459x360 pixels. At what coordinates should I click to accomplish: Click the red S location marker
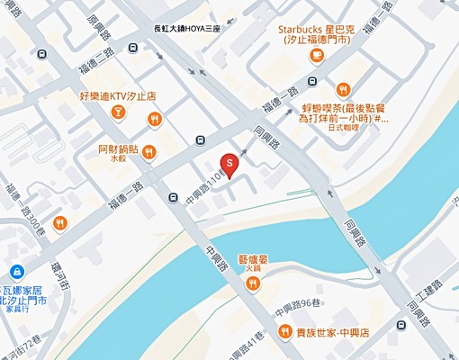coord(229,163)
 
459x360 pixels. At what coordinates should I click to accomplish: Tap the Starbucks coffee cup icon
coord(316,57)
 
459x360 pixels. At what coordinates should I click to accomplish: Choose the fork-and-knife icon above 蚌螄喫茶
coord(343,88)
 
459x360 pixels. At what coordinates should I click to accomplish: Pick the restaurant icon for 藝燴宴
coord(253,284)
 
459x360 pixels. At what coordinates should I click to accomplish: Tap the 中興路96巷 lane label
coord(310,304)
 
